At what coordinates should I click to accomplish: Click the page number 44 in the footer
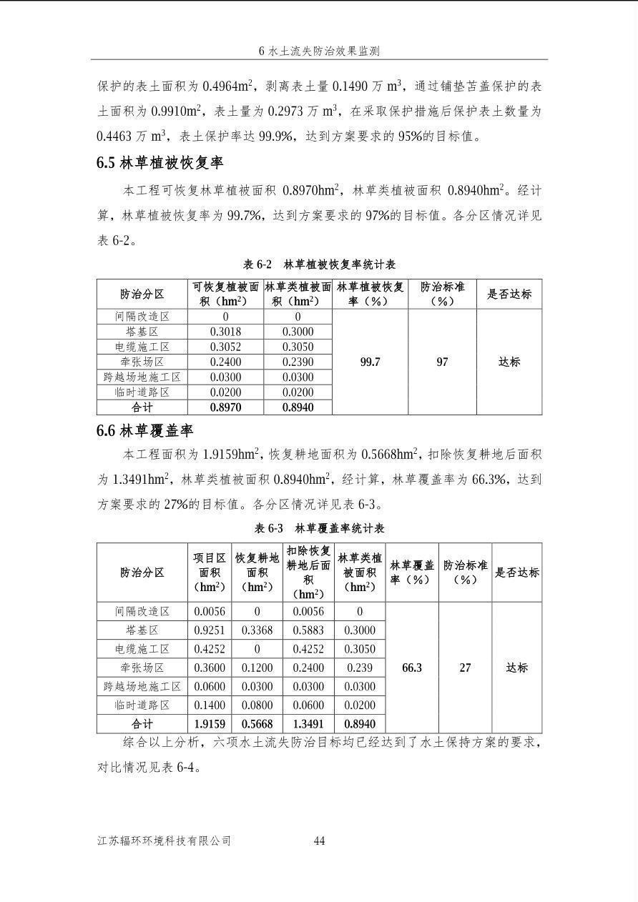tap(319, 841)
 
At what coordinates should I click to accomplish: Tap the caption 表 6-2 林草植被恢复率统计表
tap(319, 264)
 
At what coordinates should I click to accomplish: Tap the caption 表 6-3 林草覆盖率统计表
tap(319, 528)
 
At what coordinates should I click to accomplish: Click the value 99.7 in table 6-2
tap(370, 362)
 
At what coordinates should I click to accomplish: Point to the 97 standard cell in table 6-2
tap(442, 362)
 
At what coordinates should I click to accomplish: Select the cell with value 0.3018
tap(225, 332)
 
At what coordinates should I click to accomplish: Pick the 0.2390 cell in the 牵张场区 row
tap(298, 362)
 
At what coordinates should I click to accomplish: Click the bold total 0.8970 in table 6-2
tap(225, 407)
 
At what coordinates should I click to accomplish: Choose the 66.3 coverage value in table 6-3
tap(412, 668)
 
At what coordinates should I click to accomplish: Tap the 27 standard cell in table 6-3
tap(465, 668)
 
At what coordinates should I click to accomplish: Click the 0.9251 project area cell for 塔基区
tap(210, 630)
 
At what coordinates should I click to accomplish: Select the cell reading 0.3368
tap(257, 630)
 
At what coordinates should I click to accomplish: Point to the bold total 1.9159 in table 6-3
tap(210, 724)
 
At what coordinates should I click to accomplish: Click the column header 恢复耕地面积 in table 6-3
tap(257, 572)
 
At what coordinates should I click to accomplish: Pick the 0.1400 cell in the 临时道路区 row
tap(210, 705)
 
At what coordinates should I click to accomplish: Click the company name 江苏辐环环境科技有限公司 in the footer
tap(164, 841)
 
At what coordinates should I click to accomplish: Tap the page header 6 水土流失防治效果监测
tap(319, 51)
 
